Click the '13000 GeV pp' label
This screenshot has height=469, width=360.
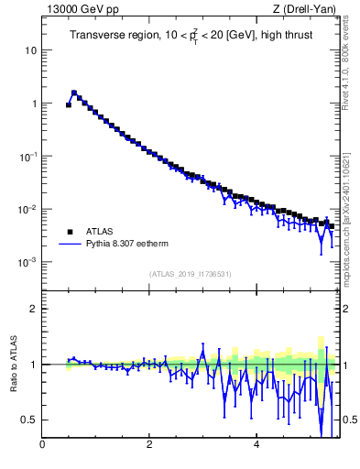pos(77,9)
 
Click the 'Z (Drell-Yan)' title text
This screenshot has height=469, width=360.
pos(303,9)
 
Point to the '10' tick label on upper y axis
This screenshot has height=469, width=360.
pos(30,50)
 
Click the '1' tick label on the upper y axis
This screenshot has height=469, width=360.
pos(34,104)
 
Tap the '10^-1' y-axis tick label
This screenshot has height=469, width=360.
pos(28,156)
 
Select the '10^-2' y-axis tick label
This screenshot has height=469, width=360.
pos(28,209)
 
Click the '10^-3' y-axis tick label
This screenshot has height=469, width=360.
pos(28,262)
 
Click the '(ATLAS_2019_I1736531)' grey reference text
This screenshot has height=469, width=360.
pos(191,274)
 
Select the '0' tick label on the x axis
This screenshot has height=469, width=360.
pos(42,445)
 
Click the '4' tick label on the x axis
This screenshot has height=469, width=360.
pos(256,445)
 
